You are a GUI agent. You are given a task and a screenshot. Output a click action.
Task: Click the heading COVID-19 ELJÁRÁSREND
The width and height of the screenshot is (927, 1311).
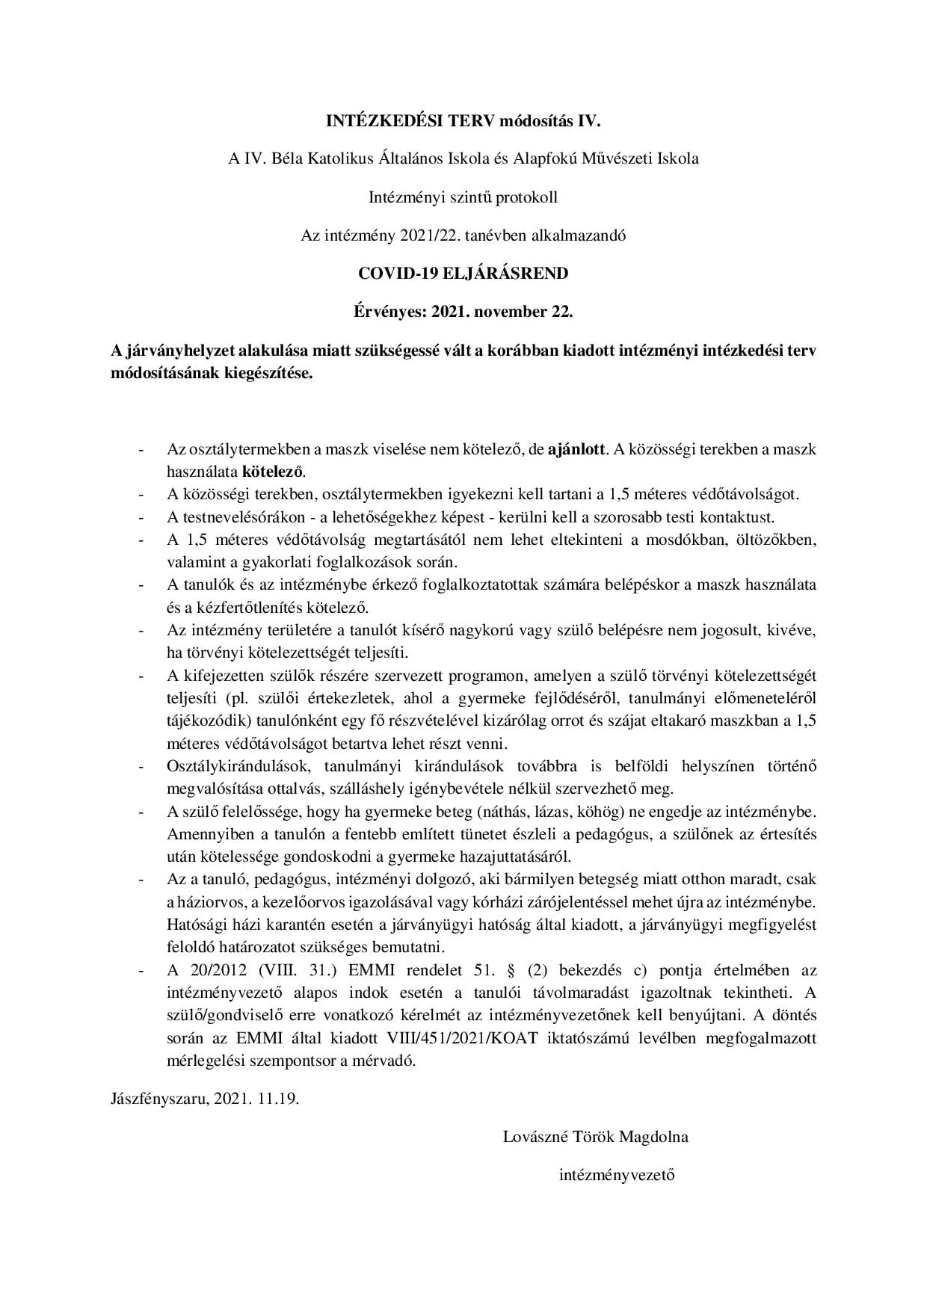point(463,274)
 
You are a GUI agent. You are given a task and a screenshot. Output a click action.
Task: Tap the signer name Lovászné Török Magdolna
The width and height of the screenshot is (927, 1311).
point(596,1138)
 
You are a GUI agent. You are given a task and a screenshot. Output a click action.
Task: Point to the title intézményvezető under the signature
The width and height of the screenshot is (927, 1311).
point(617,1174)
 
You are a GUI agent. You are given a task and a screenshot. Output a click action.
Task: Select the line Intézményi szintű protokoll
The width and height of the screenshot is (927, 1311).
point(463,197)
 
